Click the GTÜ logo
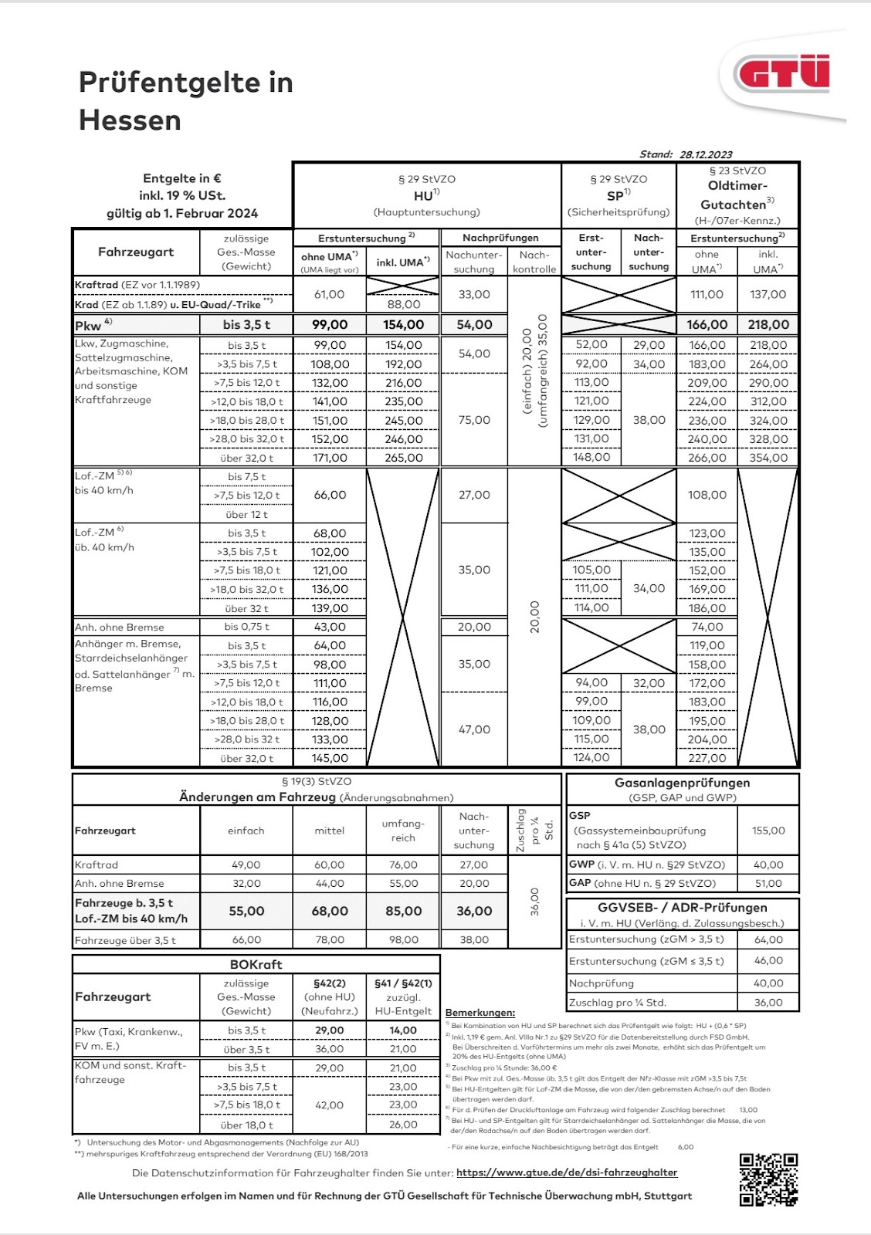click(783, 74)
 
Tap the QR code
click(768, 1179)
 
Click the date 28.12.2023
click(706, 154)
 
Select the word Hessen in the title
click(130, 120)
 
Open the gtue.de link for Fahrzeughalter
click(567, 1172)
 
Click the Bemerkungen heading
click(480, 1012)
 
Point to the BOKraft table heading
click(256, 964)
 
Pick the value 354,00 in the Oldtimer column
click(768, 458)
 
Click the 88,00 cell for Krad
click(403, 305)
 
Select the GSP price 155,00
click(768, 831)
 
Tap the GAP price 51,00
click(768, 883)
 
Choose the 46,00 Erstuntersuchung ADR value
click(768, 961)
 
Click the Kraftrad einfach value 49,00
click(246, 864)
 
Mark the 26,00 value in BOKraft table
click(403, 1125)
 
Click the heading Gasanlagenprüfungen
click(682, 783)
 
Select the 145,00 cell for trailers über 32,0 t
click(330, 758)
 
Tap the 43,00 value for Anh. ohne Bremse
click(330, 627)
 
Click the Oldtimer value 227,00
click(707, 758)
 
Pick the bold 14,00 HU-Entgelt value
click(403, 1030)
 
